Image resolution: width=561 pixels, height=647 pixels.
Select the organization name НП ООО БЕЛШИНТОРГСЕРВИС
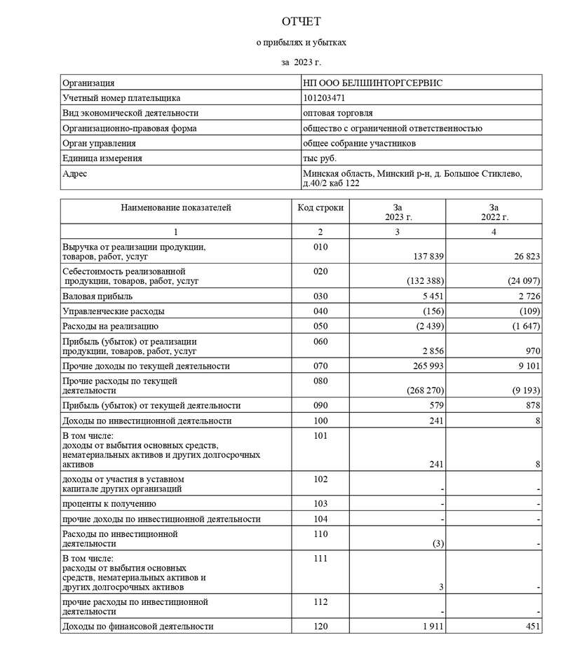tap(372, 83)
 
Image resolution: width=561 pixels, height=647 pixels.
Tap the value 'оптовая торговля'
tap(337, 113)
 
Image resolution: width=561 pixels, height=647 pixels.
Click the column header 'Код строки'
tap(320, 207)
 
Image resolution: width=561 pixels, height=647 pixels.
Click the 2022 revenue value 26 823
tap(522, 257)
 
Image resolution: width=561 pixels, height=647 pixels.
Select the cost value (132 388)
tap(424, 281)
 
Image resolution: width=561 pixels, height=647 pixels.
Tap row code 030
tap(320, 297)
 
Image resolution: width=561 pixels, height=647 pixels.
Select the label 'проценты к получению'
tap(109, 504)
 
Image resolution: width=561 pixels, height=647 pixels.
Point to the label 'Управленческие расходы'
tap(114, 311)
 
